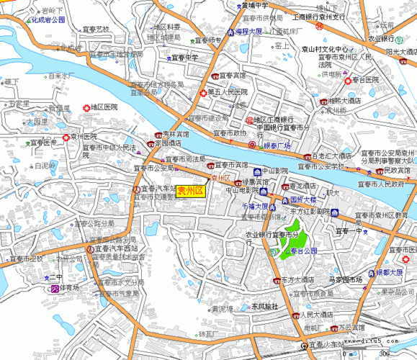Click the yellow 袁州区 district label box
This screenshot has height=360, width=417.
click(x=191, y=191)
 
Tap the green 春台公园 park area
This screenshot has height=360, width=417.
click(x=292, y=238)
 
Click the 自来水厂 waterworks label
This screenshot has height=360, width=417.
click(x=62, y=76)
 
